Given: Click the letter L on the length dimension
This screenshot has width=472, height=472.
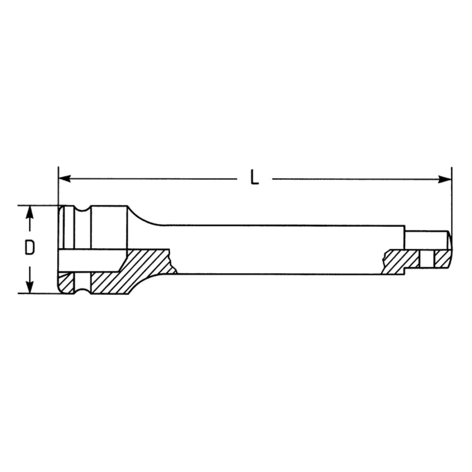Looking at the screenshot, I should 255,178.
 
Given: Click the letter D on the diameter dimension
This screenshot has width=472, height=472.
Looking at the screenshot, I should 29,248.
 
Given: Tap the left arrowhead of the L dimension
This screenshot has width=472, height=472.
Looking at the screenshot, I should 64,178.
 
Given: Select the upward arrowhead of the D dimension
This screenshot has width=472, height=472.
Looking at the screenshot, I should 29,212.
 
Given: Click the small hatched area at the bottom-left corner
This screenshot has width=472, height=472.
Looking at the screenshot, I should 66,284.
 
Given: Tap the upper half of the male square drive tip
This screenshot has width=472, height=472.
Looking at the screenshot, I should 426,240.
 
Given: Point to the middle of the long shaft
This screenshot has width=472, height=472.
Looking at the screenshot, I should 280,250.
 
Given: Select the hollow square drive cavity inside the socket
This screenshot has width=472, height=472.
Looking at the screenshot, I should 92,260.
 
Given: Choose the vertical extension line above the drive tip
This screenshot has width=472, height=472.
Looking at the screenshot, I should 451,197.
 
